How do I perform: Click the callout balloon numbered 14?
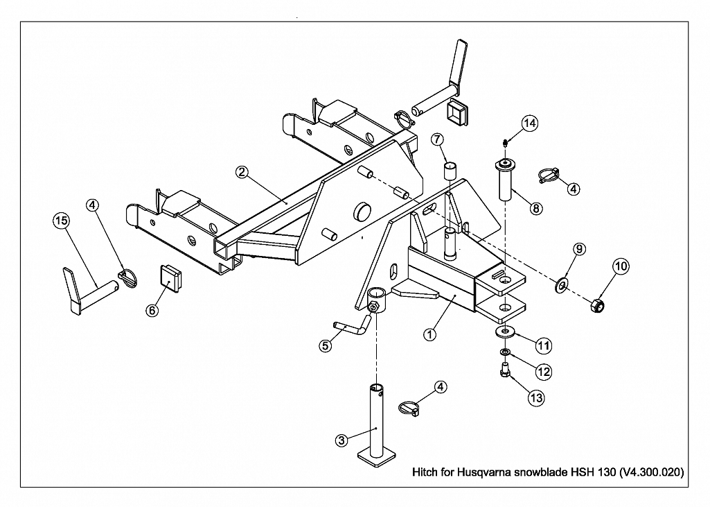pos(529,123)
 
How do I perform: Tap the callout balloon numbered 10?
pos(621,266)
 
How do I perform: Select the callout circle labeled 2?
pos(242,172)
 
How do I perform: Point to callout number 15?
pos(61,221)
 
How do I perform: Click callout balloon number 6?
pos(152,310)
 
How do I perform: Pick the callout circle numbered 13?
pos(536,398)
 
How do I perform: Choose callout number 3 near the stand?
pos(342,440)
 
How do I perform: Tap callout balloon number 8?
pos(535,209)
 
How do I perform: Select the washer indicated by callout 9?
pos(562,285)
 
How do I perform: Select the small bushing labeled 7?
pos(450,171)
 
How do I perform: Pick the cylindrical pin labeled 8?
pos(506,179)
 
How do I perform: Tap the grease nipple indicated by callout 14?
pos(506,144)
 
